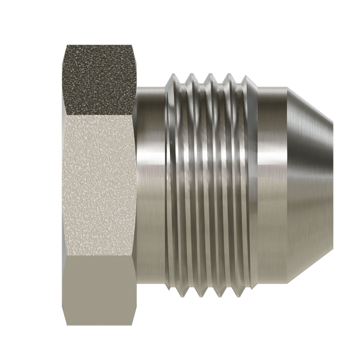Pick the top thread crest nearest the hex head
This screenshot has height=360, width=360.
[173, 78]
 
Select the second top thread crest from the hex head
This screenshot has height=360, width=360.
[192, 78]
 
